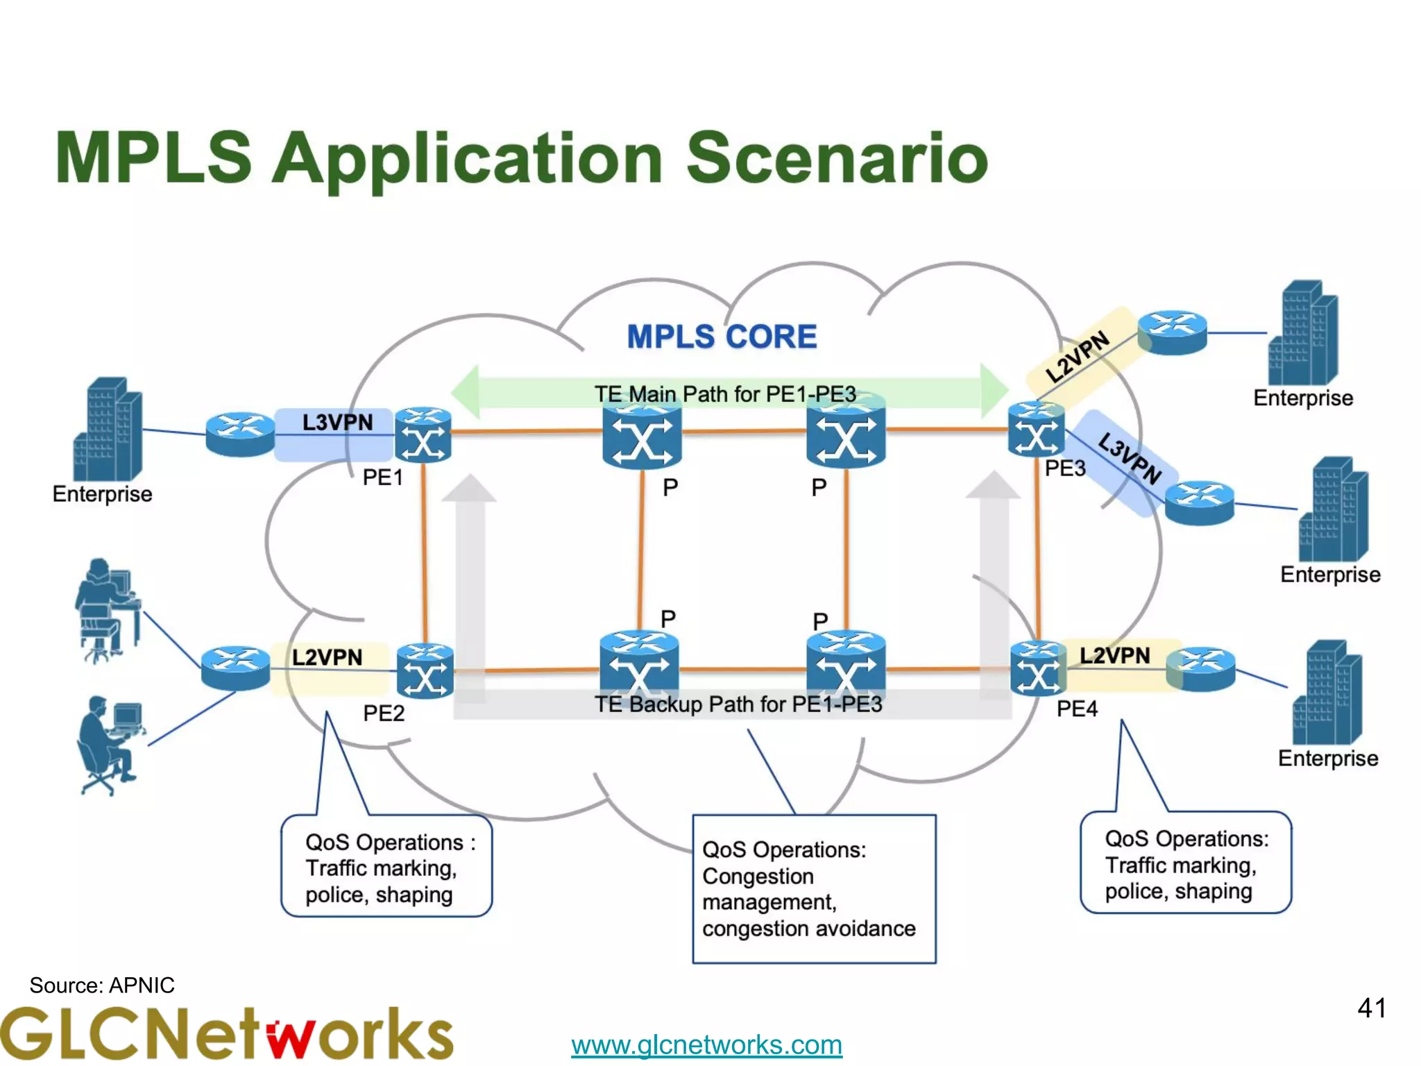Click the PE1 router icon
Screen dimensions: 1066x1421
coord(423,435)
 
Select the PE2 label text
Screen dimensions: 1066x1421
coord(383,713)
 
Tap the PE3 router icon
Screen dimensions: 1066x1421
coord(1035,430)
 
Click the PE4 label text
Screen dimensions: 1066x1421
coord(1076,709)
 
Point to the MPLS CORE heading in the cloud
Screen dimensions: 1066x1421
coord(722,337)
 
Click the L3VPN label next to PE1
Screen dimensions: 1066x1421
coord(337,423)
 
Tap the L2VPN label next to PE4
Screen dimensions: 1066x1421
coord(1114,656)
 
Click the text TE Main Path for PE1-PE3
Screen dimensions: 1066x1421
coord(724,394)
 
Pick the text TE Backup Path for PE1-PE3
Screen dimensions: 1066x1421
coord(738,704)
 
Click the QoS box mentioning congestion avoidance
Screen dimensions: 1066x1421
coord(813,889)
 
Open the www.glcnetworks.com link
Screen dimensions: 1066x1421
coord(706,1044)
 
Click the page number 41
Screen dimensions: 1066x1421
coord(1371,1008)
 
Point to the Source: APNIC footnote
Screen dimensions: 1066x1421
coord(102,985)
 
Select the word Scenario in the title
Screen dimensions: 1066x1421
coord(836,158)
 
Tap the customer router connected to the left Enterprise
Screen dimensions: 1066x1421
coord(240,434)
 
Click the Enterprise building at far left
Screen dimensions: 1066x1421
coord(108,430)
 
